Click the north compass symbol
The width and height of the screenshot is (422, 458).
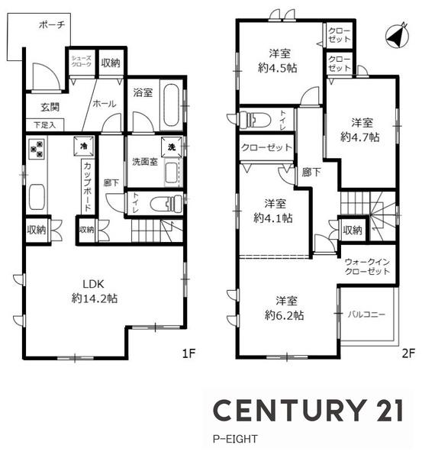[x=397, y=35]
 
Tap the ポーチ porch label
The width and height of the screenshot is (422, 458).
[x=52, y=25]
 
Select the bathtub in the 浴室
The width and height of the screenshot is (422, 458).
[x=172, y=105]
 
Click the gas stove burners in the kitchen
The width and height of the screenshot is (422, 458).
[x=37, y=148]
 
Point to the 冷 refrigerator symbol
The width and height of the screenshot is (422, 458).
[x=84, y=146]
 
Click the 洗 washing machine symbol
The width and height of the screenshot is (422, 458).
[x=172, y=147]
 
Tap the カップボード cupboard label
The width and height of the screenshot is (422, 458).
[x=88, y=187]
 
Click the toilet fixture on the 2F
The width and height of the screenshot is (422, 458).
[x=255, y=119]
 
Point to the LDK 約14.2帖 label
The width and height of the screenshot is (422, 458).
[x=95, y=292]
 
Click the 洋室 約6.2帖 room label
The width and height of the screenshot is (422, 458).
[x=285, y=308]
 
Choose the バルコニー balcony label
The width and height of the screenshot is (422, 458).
[x=367, y=314]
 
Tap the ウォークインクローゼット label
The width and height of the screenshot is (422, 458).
[x=367, y=266]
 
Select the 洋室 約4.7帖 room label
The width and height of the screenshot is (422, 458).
[x=360, y=130]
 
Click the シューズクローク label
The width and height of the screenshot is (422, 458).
[x=82, y=61]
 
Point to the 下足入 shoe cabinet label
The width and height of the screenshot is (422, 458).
[x=45, y=125]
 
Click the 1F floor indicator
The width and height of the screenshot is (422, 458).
[x=188, y=353]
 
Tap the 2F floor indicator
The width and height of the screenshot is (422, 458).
[x=408, y=353]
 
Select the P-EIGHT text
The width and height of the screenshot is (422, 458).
[x=235, y=439]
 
